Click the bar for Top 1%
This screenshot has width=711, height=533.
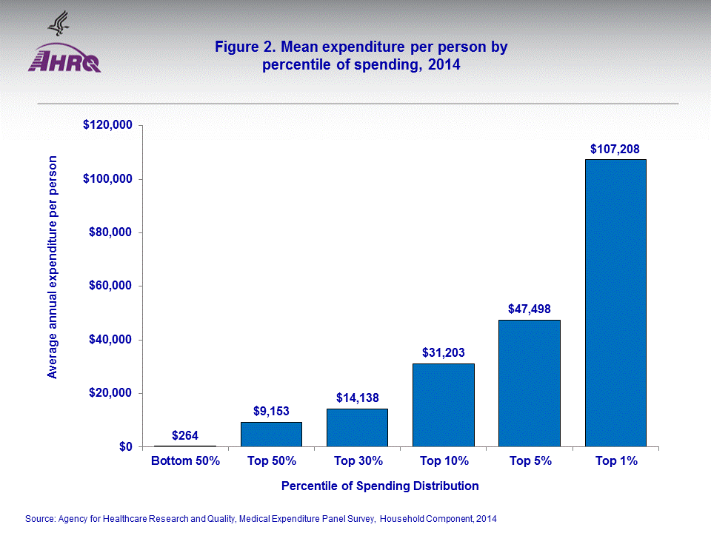click(615, 303)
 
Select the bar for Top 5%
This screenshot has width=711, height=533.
click(529, 383)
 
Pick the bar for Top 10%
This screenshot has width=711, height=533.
click(443, 405)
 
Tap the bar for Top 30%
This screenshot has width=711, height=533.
click(357, 428)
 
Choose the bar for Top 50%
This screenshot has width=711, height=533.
click(271, 435)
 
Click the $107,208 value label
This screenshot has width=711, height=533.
click(615, 149)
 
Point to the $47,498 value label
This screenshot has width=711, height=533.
click(529, 309)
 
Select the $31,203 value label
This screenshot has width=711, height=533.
click(443, 353)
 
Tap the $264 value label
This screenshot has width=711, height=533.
click(184, 435)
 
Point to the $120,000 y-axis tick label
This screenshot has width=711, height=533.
click(107, 126)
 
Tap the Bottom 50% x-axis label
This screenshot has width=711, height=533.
click(185, 461)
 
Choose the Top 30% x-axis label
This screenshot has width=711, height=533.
click(358, 461)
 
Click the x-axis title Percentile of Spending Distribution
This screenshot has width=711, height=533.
click(380, 486)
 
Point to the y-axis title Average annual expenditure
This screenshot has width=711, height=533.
click(53, 266)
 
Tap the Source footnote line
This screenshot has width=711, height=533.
click(260, 519)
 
